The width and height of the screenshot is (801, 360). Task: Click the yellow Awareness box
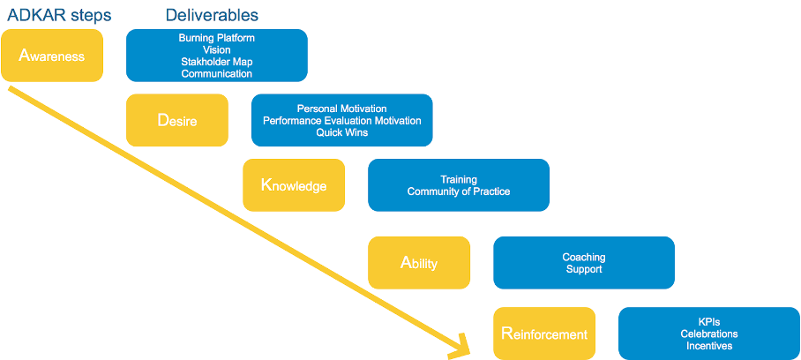53,56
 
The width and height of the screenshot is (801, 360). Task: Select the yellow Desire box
177,120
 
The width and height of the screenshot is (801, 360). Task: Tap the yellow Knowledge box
294,185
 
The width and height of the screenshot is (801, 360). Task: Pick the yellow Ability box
419,263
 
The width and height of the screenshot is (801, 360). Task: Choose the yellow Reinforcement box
544,334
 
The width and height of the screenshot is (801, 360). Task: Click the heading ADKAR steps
58,15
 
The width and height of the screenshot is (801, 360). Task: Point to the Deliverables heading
212,15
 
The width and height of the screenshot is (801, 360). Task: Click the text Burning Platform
217,39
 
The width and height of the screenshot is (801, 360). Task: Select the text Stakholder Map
217,62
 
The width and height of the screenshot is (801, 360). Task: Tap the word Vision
217,50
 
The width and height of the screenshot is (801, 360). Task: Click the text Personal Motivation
341,109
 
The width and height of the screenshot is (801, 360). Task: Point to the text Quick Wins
341,132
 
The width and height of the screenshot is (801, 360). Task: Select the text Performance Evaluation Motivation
341,121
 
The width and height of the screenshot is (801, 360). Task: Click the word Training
458,179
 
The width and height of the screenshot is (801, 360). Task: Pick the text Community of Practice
458,191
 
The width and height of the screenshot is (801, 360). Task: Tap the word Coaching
583,257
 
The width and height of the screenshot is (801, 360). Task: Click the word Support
583,269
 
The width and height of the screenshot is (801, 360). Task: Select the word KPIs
708,322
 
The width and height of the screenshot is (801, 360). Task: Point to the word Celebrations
708,334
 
